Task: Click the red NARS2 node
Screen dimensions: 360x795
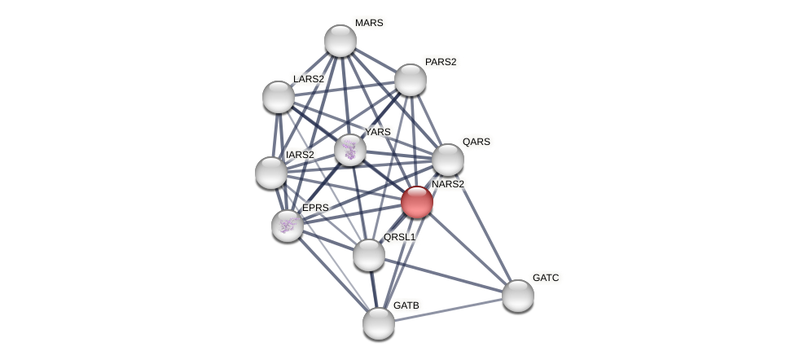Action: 417,202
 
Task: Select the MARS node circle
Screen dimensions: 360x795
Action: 340,41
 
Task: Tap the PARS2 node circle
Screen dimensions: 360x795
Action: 411,80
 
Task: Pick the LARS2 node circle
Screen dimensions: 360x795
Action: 279,97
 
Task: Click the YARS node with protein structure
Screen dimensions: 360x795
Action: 350,150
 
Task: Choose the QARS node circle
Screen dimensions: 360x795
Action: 447,160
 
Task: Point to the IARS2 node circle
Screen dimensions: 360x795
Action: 271,173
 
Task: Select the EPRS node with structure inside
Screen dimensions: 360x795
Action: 288,226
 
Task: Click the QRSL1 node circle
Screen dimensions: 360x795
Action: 369,255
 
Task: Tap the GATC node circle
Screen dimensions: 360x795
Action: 518,296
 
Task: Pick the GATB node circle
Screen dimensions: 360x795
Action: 379,323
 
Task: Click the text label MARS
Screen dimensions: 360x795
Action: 369,23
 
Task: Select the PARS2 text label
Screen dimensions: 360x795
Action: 441,62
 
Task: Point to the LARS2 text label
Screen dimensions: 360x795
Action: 309,79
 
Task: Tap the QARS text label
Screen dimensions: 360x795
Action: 477,142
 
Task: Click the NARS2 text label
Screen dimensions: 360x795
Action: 448,184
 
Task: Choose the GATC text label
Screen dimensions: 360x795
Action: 546,278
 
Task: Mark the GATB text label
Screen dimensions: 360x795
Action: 406,305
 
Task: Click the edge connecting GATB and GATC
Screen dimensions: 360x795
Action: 448,310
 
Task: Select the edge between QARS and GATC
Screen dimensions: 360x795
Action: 482,227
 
